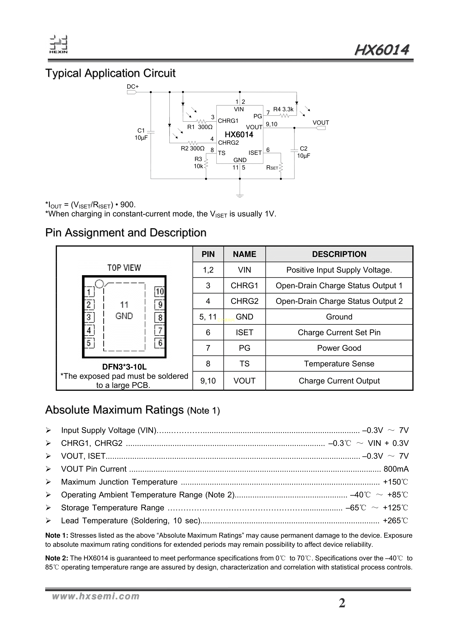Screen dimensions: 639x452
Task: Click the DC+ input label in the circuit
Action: point(133,86)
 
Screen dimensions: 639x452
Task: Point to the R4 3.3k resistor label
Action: point(283,109)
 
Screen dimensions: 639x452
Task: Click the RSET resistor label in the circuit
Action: point(272,168)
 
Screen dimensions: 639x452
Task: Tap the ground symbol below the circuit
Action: point(240,195)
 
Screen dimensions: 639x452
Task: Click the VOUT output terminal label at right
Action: point(320,123)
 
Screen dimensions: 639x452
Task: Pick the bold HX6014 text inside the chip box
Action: point(239,135)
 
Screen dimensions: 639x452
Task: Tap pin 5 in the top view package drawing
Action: point(89,343)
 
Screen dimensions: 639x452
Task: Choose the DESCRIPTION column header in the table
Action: point(339,254)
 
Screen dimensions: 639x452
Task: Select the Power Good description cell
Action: point(339,348)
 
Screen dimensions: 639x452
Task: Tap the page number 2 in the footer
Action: point(342,603)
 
